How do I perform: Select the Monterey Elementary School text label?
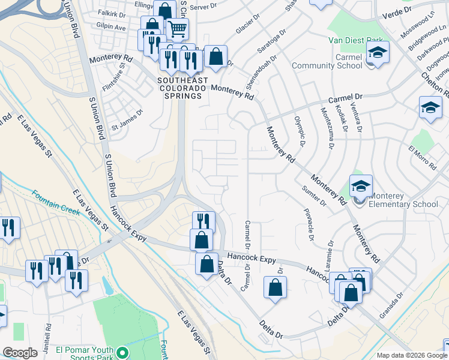[x=403, y=200]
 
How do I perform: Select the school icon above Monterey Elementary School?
[x=361, y=185]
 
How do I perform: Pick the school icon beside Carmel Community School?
[x=378, y=52]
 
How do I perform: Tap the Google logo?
[x=20, y=353]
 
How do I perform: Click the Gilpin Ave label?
[x=113, y=27]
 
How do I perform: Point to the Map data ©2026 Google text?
[x=412, y=355]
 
